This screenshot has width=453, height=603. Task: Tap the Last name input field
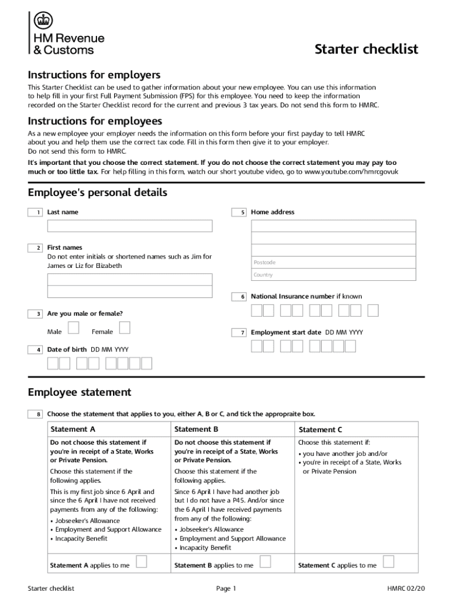point(130,226)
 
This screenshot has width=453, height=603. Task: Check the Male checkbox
point(74,327)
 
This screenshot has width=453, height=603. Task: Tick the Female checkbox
point(124,327)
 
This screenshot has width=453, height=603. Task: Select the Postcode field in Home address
point(333,262)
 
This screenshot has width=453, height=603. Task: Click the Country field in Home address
point(333,275)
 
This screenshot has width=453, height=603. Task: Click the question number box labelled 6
point(239,297)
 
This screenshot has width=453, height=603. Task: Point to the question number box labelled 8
point(35,414)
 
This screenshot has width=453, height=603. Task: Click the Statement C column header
point(321,430)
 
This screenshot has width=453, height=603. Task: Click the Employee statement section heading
point(79,392)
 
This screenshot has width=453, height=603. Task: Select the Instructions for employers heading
point(94,75)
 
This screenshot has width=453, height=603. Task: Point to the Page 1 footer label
point(226,588)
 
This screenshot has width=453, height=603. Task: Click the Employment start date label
point(286,332)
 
